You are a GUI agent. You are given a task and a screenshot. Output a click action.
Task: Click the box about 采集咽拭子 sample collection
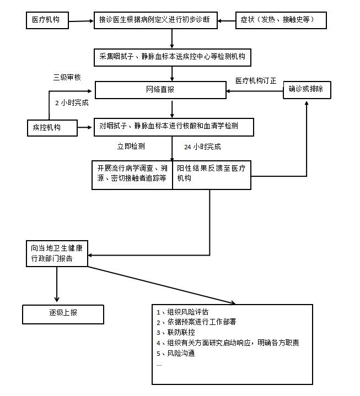tap(172, 56)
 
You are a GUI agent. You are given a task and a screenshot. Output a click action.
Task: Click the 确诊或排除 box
tap(307, 89)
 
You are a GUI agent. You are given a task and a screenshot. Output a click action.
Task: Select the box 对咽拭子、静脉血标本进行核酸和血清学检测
tap(173, 127)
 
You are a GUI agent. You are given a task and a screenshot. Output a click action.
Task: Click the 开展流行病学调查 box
tap(132, 174)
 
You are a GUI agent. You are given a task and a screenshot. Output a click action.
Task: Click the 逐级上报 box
tap(62, 313)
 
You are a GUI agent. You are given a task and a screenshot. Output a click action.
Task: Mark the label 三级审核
tap(67, 77)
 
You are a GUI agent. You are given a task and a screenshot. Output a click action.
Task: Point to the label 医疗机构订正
tap(256, 80)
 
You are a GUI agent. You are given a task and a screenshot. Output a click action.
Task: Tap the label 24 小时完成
tap(202, 147)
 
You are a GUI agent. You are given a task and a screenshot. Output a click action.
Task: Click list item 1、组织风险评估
tap(182, 312)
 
